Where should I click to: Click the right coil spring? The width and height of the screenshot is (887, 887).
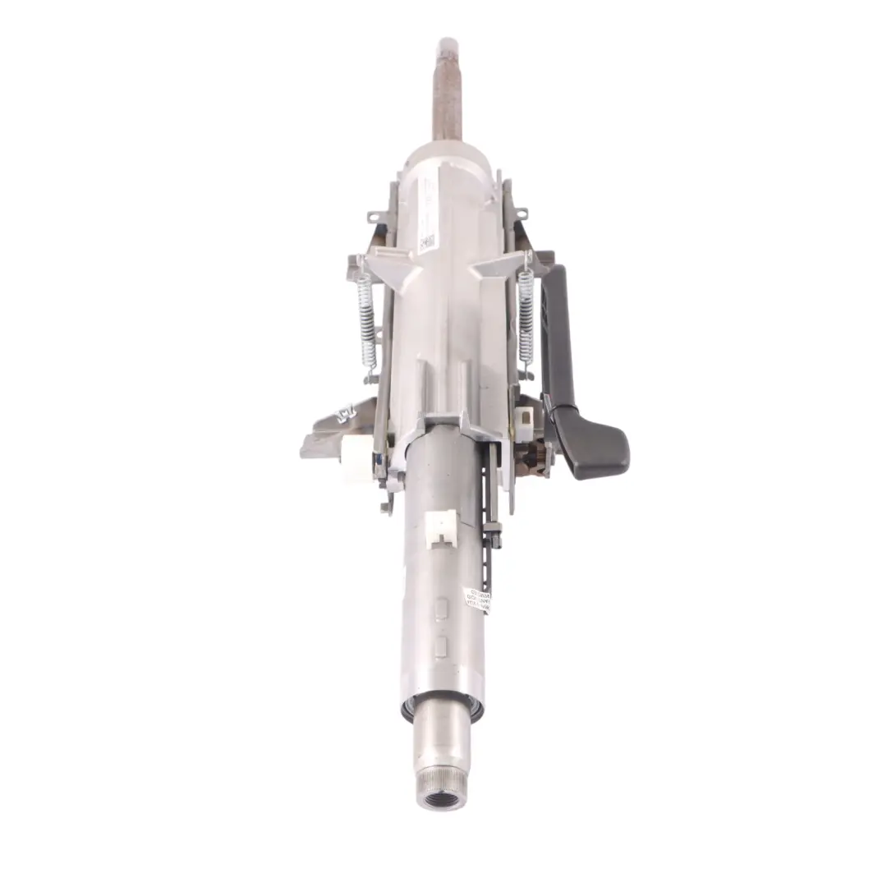(x=526, y=317)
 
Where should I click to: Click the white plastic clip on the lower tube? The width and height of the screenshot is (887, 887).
(x=443, y=526)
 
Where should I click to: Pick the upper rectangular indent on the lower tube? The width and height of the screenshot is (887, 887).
(x=441, y=609)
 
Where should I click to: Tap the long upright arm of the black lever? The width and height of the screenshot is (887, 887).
(x=555, y=337)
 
